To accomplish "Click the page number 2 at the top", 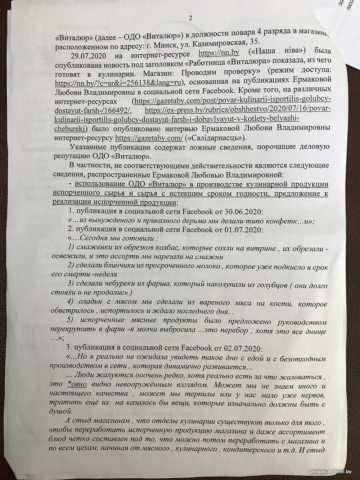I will (x=190, y=18).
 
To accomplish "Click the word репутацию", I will (x=76, y=157).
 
